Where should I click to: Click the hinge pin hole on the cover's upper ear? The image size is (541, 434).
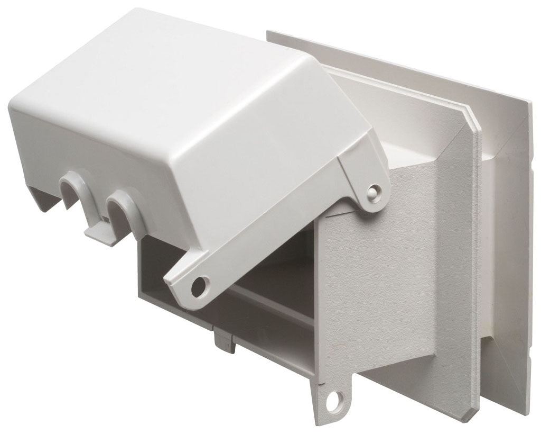pyautogui.click(x=374, y=189)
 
